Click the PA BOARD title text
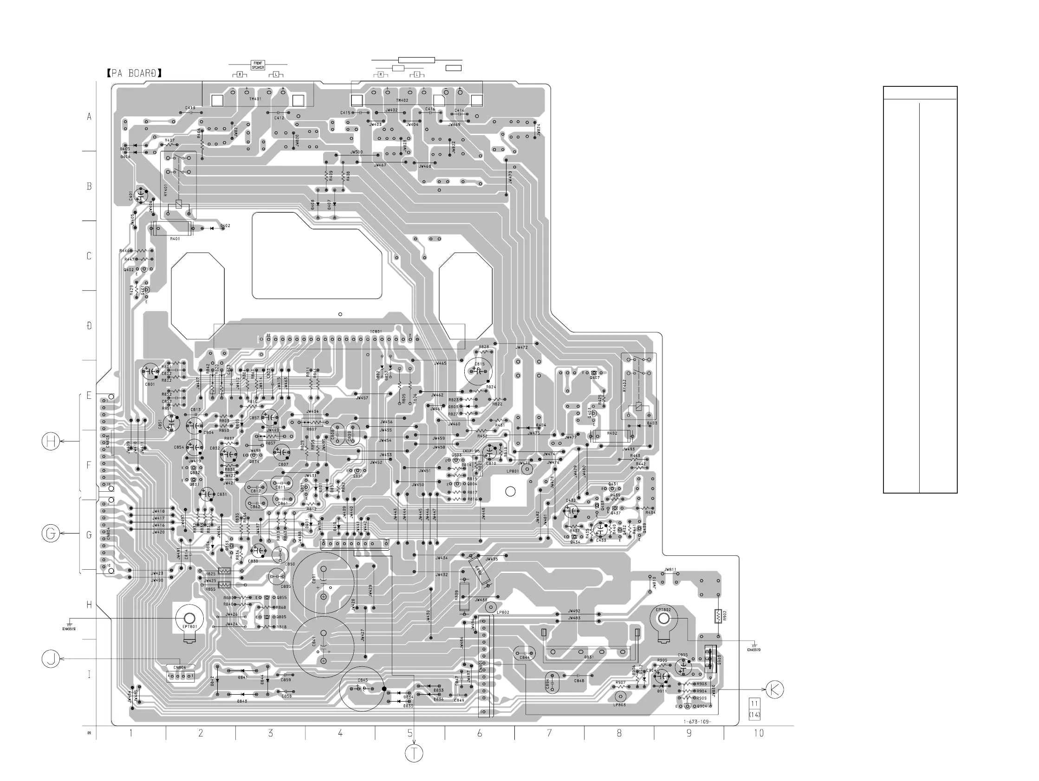coord(134,73)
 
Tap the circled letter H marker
coord(51,442)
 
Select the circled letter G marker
coord(51,534)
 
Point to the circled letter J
coord(51,658)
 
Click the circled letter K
coord(774,690)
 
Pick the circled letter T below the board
coord(414,753)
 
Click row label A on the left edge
coord(89,117)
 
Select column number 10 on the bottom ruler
coord(759,733)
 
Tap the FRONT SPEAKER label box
coord(258,65)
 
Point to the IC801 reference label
coord(376,332)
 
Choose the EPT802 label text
coord(663,610)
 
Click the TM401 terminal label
coord(255,99)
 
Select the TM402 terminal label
coord(402,101)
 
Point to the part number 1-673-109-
coord(697,722)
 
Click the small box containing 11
coord(754,703)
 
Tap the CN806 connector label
coord(179,667)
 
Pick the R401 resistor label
coord(175,239)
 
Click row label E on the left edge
coord(89,396)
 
